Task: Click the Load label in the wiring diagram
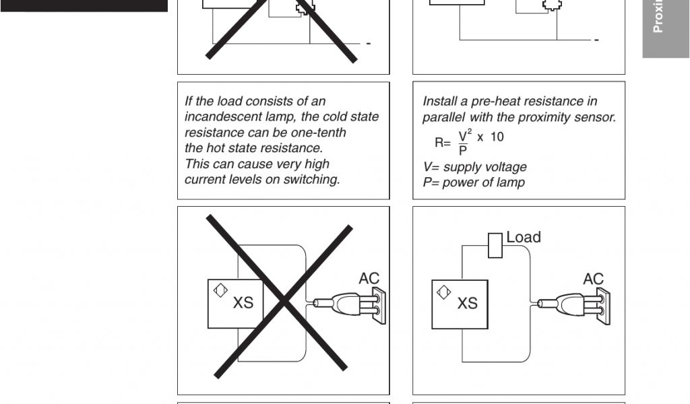524,238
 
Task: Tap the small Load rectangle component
495,245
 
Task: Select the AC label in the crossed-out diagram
369,278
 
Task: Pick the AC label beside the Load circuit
593,279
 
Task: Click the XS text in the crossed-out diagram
243,303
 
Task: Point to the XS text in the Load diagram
468,303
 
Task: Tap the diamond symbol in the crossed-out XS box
220,290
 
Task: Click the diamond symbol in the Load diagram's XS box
443,292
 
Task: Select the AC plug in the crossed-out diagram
350,304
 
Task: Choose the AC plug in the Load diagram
574,304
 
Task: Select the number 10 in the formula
497,137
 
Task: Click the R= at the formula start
443,143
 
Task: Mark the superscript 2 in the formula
470,131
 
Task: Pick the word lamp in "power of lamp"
511,183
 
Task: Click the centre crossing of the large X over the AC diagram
284,301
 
